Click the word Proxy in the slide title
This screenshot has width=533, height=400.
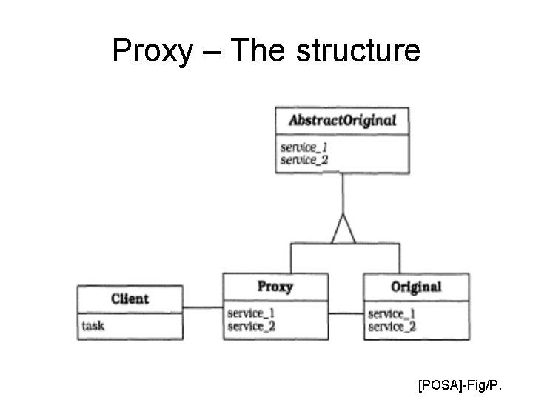[151, 52]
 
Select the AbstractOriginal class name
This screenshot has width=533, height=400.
[342, 120]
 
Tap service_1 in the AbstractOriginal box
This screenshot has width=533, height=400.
[304, 147]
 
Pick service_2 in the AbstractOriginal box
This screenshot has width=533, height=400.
[304, 159]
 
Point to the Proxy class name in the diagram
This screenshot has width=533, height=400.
[275, 287]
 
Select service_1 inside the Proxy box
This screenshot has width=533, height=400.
[251, 313]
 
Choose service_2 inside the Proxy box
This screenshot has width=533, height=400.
[251, 326]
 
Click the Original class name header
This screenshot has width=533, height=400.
[416, 287]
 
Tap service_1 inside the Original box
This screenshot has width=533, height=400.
[392, 314]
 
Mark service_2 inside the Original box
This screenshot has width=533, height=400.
[392, 327]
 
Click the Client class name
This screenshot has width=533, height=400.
[130, 299]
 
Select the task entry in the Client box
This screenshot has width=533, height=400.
[93, 325]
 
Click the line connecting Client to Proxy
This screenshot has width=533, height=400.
[202, 307]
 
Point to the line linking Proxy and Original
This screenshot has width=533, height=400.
[346, 313]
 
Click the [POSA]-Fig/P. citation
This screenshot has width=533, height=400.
[460, 385]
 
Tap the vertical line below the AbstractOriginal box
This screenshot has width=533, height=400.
[343, 193]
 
